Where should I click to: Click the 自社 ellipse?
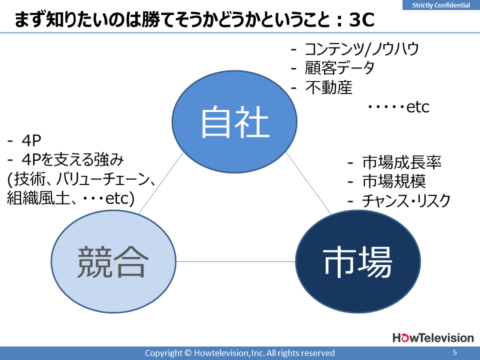pyautogui.click(x=234, y=122)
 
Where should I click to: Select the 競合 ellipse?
pyautogui.click(x=113, y=261)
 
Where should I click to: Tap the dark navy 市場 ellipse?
pyautogui.click(x=358, y=261)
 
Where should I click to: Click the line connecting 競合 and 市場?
pyautogui.click(x=235, y=261)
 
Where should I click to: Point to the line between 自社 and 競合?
pyautogui.click(x=161, y=183)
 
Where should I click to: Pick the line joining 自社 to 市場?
pyautogui.click(x=308, y=183)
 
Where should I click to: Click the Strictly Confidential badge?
pyautogui.click(x=441, y=5)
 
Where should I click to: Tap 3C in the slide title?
pyautogui.click(x=361, y=20)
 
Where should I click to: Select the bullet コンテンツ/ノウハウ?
pyautogui.click(x=362, y=49)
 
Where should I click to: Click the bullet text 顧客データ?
pyautogui.click(x=339, y=68)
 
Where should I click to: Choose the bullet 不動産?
pyautogui.click(x=329, y=87)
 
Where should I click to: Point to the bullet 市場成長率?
pyautogui.click(x=401, y=162)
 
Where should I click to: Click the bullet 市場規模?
pyautogui.click(x=394, y=181)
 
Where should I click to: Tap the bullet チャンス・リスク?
pyautogui.click(x=406, y=201)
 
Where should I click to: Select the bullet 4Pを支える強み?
pyautogui.click(x=73, y=159)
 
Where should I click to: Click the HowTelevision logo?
pyautogui.click(x=433, y=337)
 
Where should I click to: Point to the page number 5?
pyautogui.click(x=455, y=352)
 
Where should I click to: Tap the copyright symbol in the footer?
pyautogui.click(x=188, y=353)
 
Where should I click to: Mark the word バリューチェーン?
pyautogui.click(x=103, y=179)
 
